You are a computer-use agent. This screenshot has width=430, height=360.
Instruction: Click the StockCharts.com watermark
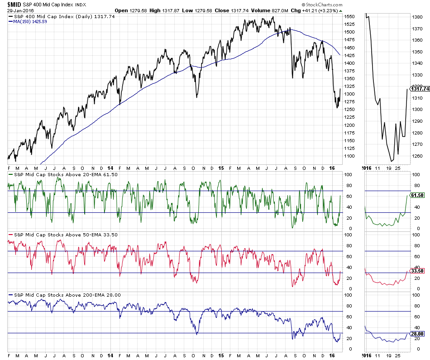pos(322,4)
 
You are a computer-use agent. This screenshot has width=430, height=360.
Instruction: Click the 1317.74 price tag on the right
pos(419,89)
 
